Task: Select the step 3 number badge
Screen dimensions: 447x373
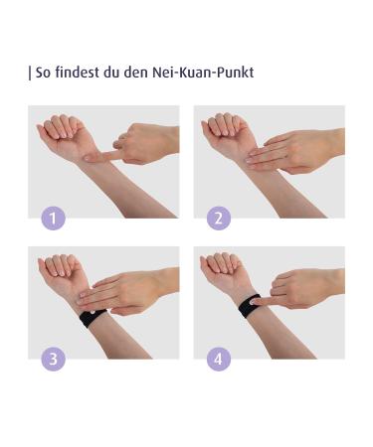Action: [x=54, y=359]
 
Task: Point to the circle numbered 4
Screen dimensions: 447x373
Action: [x=219, y=359]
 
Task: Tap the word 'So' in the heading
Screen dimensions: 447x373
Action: [x=45, y=74]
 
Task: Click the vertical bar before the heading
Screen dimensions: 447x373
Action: [x=31, y=74]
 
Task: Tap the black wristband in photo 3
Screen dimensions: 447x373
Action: [x=93, y=319]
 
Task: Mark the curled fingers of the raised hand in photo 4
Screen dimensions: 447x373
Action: [x=221, y=265]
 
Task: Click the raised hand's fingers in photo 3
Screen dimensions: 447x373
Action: [x=58, y=265]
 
